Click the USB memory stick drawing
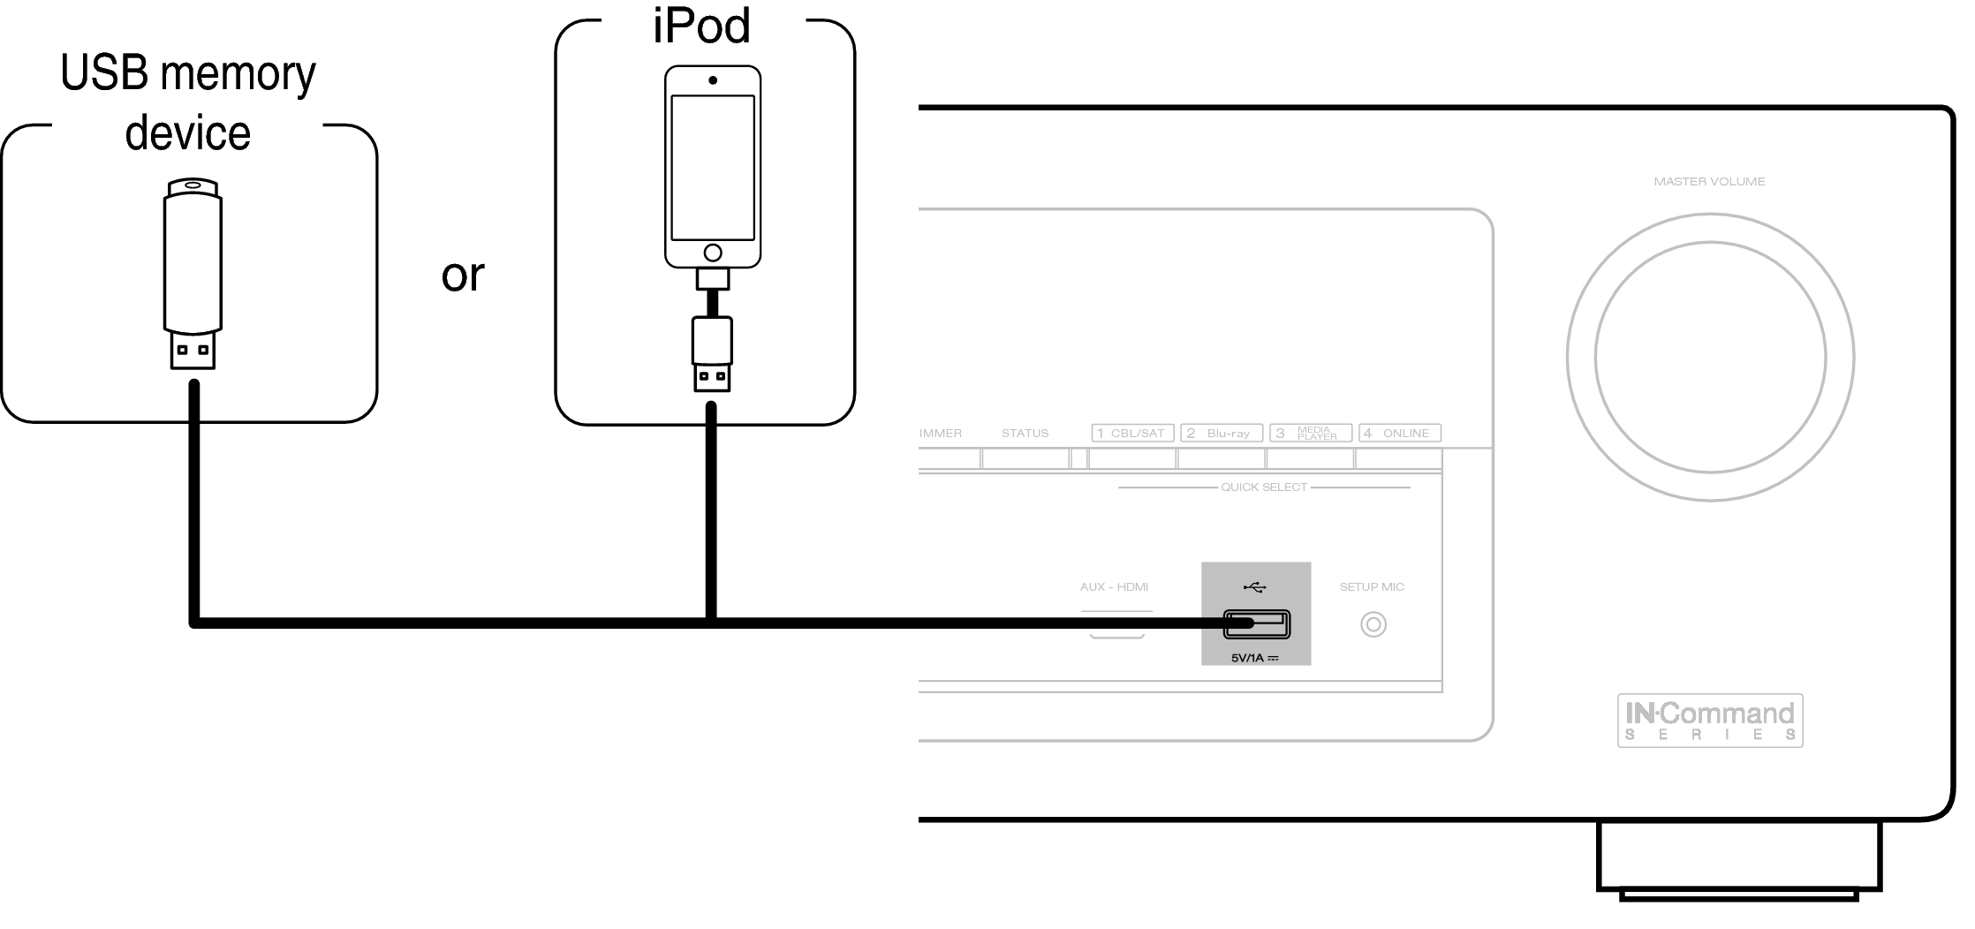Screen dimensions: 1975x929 point(193,274)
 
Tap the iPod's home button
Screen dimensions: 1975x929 point(712,253)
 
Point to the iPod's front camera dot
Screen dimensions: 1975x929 point(712,80)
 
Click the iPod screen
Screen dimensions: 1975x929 point(712,168)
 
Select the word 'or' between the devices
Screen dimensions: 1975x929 point(463,275)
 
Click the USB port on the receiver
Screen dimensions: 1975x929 point(1256,624)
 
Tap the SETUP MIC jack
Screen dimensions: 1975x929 point(1373,625)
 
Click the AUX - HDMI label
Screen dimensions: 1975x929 point(1114,586)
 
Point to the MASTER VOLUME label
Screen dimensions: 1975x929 point(1709,182)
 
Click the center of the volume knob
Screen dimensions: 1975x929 point(1710,358)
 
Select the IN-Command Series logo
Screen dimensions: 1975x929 point(1710,721)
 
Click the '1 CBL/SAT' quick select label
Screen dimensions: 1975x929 point(1132,433)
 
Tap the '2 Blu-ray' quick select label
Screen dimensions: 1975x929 point(1222,433)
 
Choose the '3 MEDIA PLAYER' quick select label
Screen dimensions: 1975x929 point(1311,433)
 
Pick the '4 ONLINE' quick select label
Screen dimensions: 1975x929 point(1400,433)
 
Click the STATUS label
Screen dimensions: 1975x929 point(1025,434)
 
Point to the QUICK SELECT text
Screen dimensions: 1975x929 point(1264,487)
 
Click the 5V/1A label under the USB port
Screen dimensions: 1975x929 point(1254,658)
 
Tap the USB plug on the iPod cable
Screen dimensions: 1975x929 point(712,354)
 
